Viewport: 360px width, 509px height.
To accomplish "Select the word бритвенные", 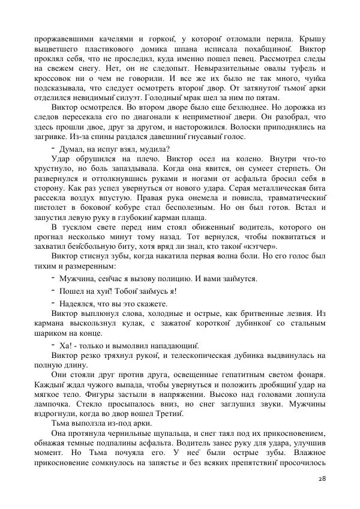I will [x=265, y=315].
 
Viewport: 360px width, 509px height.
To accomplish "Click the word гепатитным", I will [x=238, y=378].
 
